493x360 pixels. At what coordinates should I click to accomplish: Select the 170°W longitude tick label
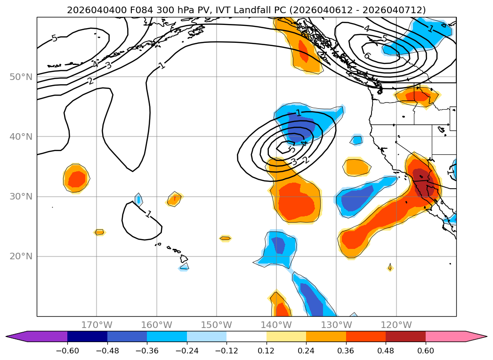[97, 325]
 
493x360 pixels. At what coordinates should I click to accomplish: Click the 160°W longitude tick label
[156, 325]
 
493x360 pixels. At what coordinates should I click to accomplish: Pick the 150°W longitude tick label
[217, 325]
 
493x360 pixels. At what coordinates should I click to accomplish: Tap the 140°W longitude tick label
[276, 325]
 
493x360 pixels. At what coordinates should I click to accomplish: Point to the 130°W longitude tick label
[336, 325]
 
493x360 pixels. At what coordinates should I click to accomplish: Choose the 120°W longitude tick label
[396, 325]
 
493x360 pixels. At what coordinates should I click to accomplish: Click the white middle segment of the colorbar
[246, 336]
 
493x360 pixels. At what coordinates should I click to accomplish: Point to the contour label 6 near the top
[367, 56]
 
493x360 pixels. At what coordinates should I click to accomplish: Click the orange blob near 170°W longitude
[76, 178]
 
